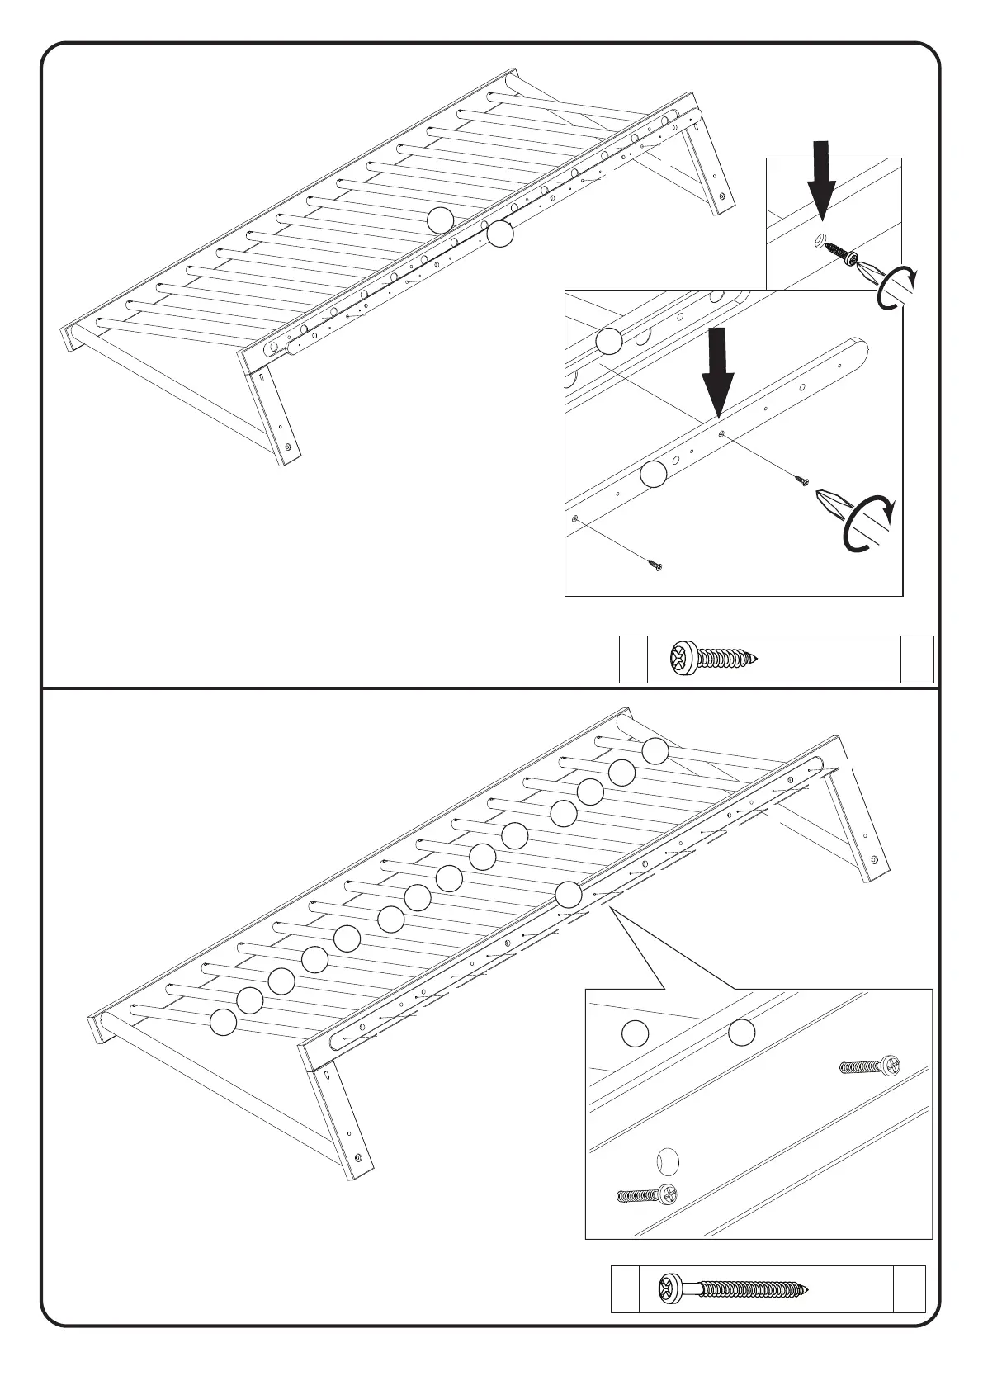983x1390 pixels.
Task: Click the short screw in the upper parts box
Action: [714, 658]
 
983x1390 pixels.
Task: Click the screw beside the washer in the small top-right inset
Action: [840, 253]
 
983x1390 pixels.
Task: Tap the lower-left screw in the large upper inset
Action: [655, 565]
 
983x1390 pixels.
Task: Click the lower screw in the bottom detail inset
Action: [648, 1194]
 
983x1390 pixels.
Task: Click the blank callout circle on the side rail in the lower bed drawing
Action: [568, 894]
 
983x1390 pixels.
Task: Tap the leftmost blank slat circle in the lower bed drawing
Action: [222, 1022]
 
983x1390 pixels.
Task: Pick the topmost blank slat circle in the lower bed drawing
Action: [655, 750]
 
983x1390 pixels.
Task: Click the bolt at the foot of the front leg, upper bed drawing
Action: [288, 447]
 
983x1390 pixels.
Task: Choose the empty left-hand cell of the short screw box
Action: [633, 659]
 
